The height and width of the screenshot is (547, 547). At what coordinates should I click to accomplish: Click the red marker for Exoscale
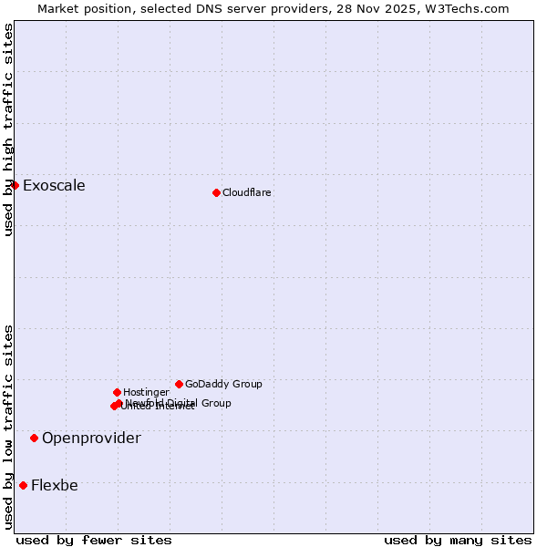pyautogui.click(x=15, y=185)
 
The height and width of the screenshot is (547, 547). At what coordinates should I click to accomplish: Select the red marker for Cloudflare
pyautogui.click(x=216, y=192)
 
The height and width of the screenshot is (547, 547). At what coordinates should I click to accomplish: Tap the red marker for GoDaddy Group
pyautogui.click(x=179, y=384)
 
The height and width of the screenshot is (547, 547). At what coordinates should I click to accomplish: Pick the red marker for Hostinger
pyautogui.click(x=117, y=392)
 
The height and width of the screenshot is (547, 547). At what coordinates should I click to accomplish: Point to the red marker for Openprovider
pyautogui.click(x=34, y=438)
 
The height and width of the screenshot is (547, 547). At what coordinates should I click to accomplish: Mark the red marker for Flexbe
pyautogui.click(x=23, y=485)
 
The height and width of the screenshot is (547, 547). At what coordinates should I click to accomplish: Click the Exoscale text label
pyautogui.click(x=54, y=186)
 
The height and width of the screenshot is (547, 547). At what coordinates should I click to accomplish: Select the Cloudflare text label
pyautogui.click(x=247, y=193)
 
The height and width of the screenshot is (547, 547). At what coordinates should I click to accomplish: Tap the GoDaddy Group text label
pyautogui.click(x=223, y=385)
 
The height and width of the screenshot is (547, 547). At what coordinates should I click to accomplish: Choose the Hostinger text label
pyautogui.click(x=146, y=393)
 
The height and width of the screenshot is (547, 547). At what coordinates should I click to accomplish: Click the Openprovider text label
pyautogui.click(x=91, y=439)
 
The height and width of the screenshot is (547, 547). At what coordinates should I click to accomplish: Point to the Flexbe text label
pyautogui.click(x=55, y=486)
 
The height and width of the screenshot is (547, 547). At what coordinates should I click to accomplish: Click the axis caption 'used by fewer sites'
pyautogui.click(x=94, y=540)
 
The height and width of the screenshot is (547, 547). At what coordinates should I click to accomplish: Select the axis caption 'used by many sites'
pyautogui.click(x=458, y=540)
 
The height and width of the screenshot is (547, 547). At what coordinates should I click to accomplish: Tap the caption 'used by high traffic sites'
pyautogui.click(x=8, y=129)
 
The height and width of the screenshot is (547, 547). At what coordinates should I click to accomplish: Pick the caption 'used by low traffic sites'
pyautogui.click(x=8, y=427)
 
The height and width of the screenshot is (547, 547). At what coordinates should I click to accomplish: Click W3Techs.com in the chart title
pyautogui.click(x=465, y=9)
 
